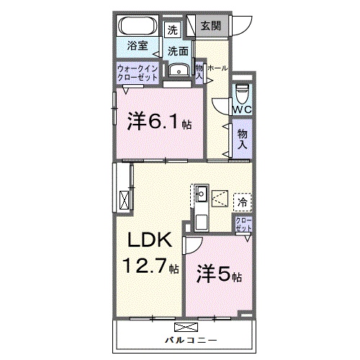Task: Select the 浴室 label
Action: tap(139, 45)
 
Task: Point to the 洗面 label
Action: tap(179, 51)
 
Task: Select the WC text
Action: tap(240, 109)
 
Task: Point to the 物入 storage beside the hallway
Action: tap(242, 140)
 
